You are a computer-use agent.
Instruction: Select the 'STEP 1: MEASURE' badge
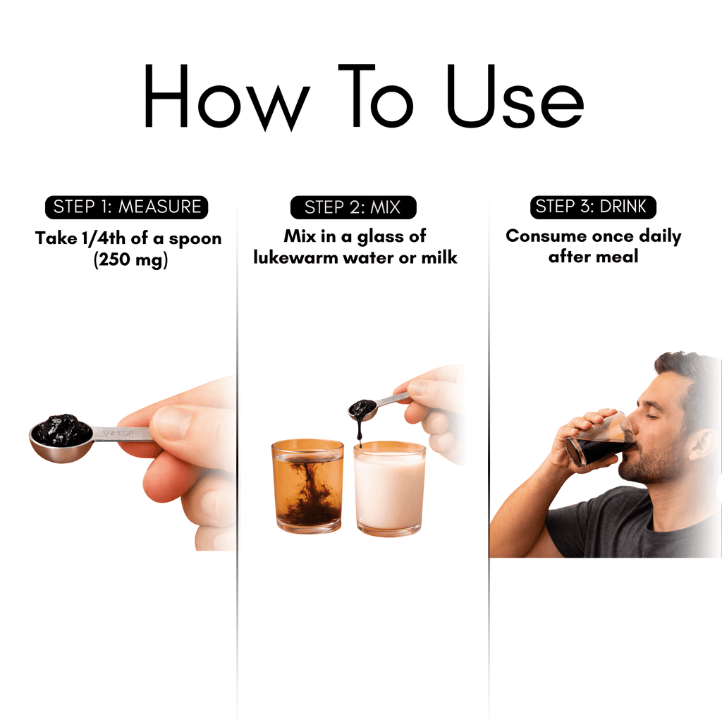127,207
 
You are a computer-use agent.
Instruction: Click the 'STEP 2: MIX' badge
353,207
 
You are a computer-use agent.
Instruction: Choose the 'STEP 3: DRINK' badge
593,207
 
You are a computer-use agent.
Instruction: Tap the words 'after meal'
593,256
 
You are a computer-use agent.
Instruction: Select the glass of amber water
307,487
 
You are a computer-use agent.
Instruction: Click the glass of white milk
389,490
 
